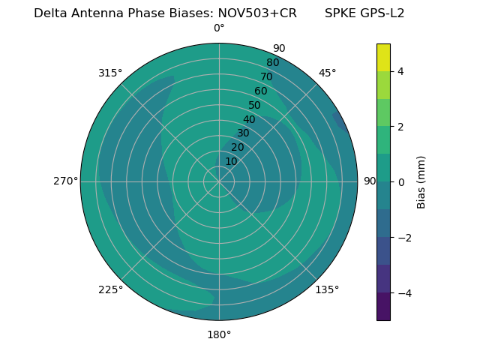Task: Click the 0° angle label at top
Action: click(219, 28)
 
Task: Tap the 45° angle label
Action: click(327, 73)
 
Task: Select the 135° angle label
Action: click(327, 289)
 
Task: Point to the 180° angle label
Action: click(219, 334)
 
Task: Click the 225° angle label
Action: click(110, 289)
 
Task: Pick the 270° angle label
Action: click(65, 181)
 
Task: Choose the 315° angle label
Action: click(110, 73)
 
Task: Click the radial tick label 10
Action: click(231, 161)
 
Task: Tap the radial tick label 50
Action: click(255, 105)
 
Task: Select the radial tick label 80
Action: click(273, 62)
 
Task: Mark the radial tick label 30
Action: click(243, 133)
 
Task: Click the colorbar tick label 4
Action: click(400, 71)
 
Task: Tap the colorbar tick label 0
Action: click(400, 182)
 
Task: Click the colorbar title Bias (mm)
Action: click(421, 182)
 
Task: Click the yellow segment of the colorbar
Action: click(383, 57)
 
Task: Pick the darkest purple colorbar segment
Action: click(383, 307)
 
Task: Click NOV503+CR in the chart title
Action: click(257, 13)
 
